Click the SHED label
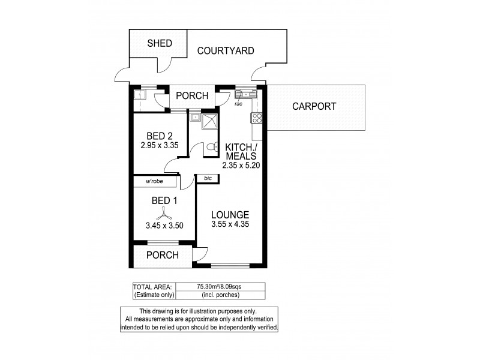point(160,43)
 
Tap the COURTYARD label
point(226,51)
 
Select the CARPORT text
point(314,107)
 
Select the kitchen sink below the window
point(246,94)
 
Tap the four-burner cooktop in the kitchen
point(257,118)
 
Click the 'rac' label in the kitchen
point(238,103)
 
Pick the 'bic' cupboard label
point(208,178)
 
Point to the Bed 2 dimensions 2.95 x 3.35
point(160,145)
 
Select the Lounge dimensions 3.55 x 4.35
point(230,225)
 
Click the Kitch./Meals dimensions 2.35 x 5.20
point(241,166)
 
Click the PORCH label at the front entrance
point(163,255)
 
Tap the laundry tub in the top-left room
point(139,94)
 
